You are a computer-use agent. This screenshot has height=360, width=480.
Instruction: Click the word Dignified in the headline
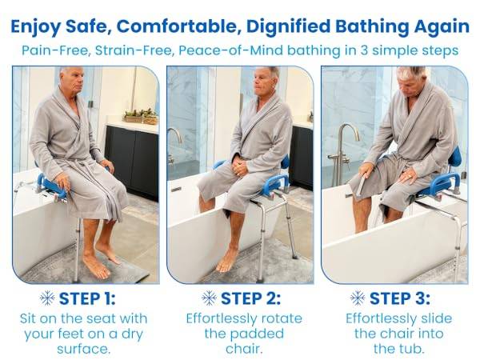coord(288,26)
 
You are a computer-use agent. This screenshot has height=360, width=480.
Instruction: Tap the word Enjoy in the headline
coord(35,27)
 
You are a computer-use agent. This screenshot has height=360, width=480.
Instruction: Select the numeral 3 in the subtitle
coord(364,50)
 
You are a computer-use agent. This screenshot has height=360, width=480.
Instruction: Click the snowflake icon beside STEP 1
coord(47,298)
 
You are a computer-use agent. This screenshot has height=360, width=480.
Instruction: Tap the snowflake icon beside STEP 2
coord(210,298)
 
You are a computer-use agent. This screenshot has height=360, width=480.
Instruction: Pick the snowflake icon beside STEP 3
coord(358,298)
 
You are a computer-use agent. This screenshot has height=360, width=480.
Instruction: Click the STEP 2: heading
coord(250,298)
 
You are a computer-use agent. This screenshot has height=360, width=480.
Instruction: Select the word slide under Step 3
coord(436,318)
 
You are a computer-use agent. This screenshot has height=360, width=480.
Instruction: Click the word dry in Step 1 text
coord(132,334)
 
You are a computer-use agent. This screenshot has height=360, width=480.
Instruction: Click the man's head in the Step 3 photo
coord(411,82)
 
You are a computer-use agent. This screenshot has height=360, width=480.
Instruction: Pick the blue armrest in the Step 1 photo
coord(52,186)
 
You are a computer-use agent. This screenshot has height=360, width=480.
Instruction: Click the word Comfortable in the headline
coord(178,26)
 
